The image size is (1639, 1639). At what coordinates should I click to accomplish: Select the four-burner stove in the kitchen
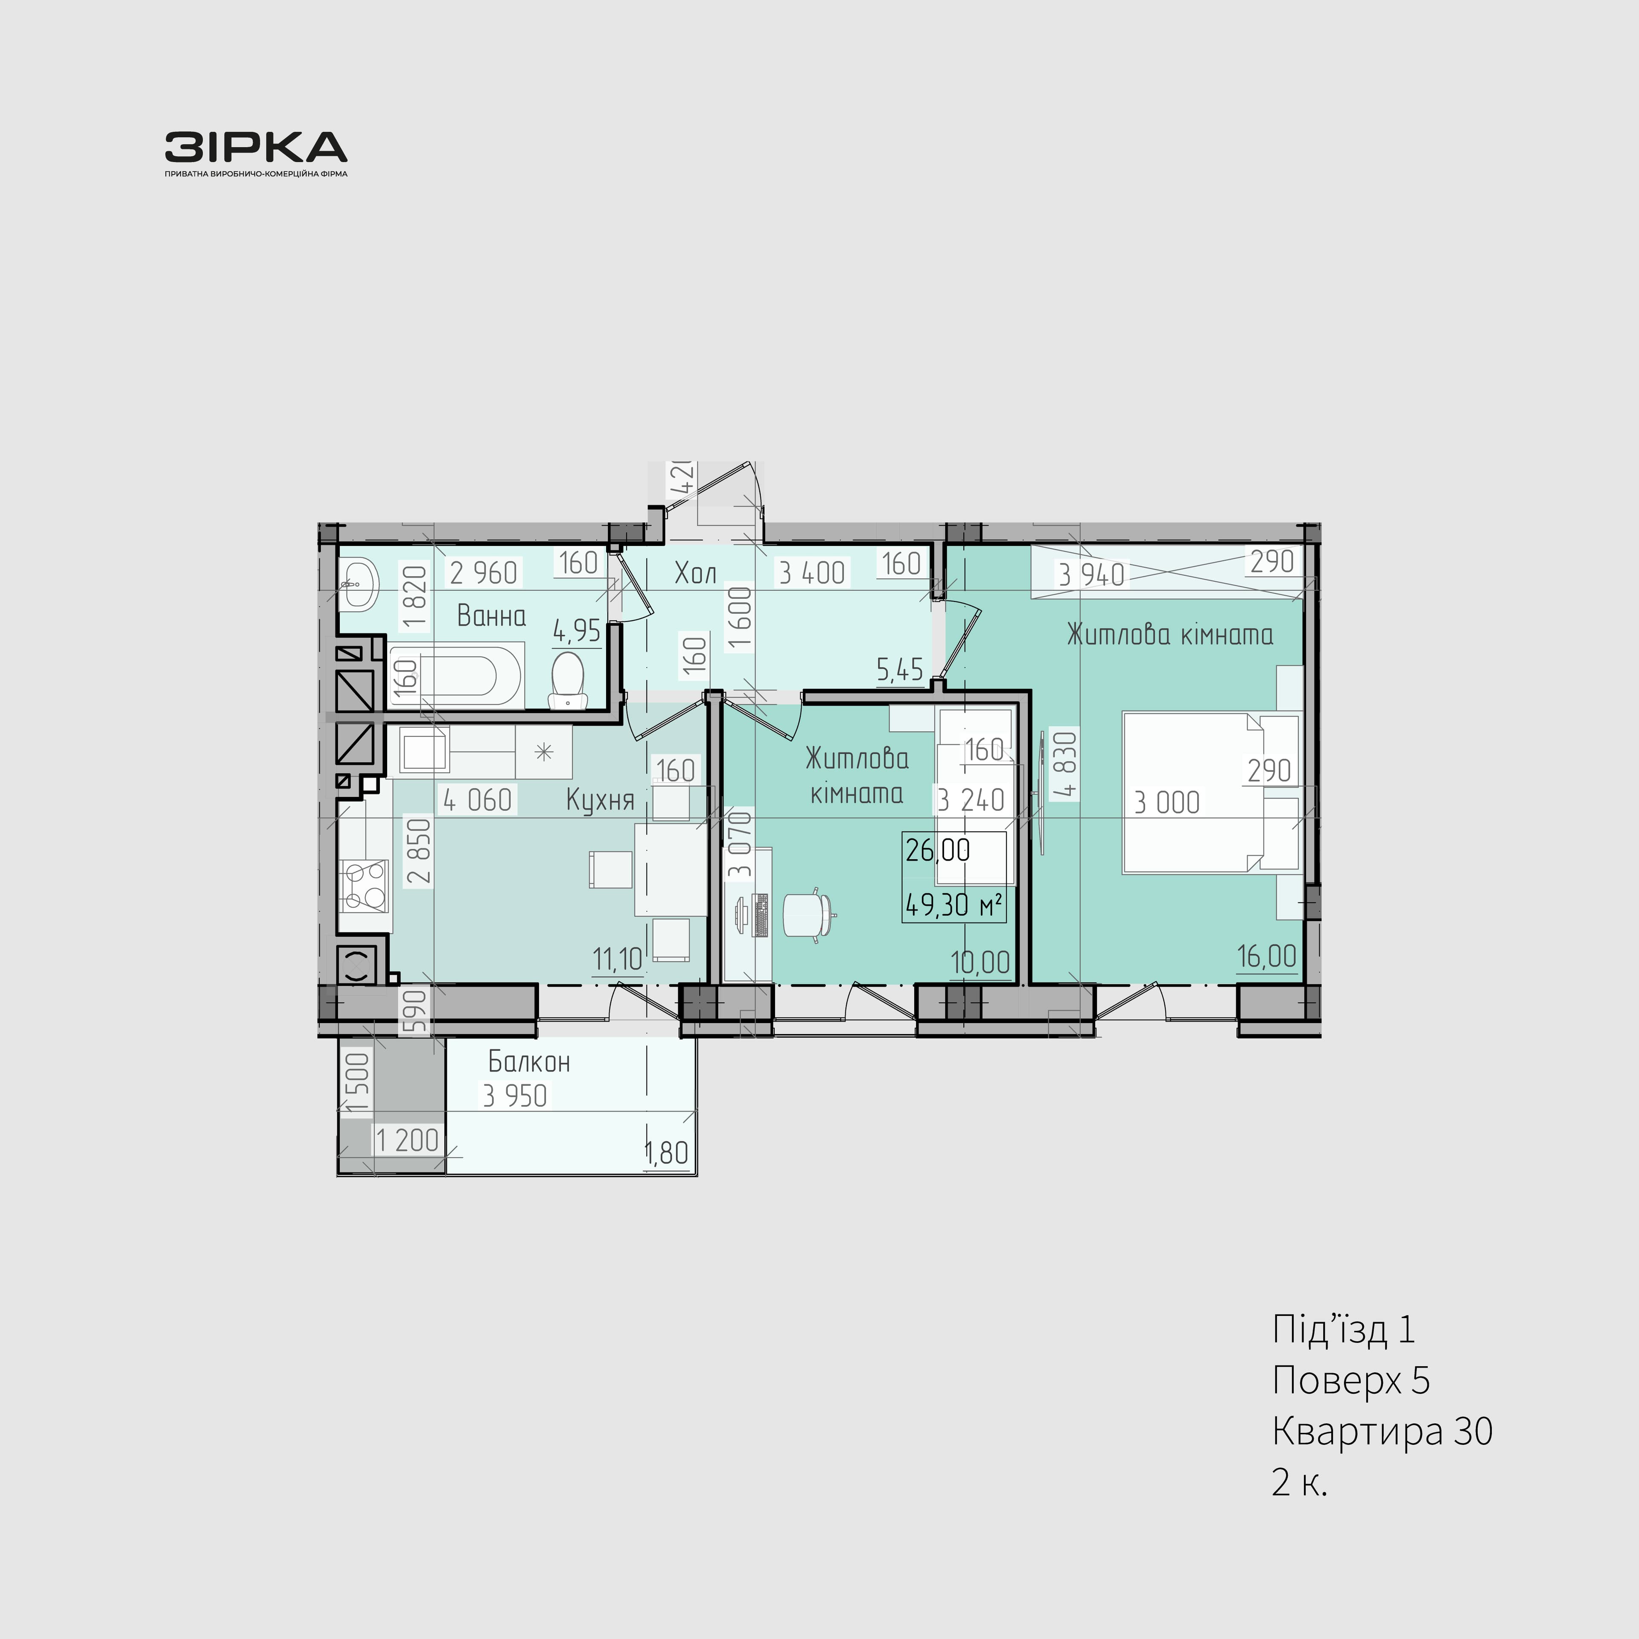coord(364,885)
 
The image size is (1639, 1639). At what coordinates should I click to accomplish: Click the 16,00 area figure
coord(1266,956)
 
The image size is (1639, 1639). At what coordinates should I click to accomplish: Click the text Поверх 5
coord(1350,1380)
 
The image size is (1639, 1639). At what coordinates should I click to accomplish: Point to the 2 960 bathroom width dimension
coord(484,574)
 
